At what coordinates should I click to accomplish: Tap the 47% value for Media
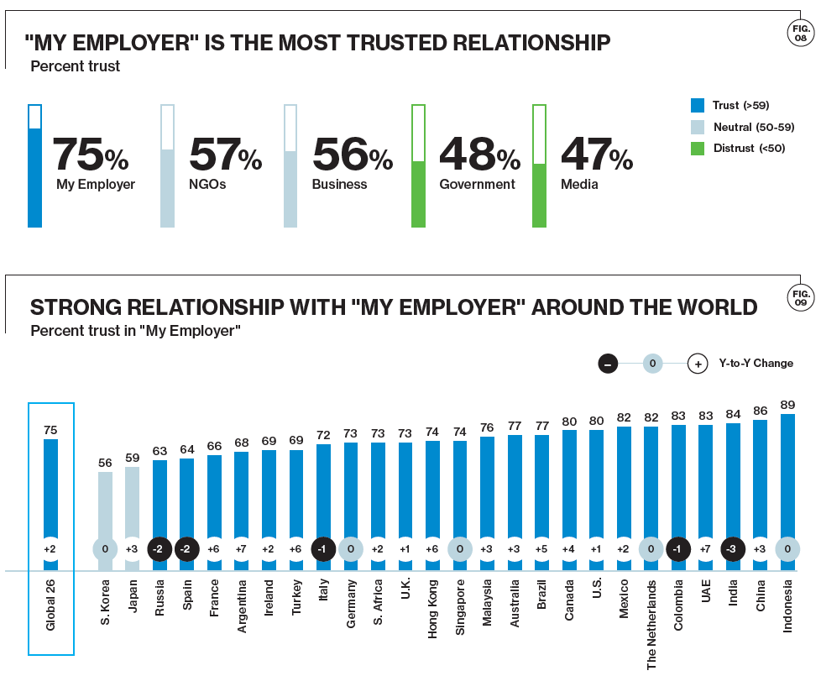(596, 154)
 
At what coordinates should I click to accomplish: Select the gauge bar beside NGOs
(167, 166)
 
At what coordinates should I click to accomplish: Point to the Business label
(339, 185)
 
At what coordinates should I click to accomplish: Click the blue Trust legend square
(697, 105)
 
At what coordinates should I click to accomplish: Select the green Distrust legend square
(697, 149)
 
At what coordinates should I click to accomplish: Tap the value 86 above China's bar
(760, 411)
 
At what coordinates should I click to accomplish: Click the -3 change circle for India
(733, 549)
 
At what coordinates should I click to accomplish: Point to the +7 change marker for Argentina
(242, 549)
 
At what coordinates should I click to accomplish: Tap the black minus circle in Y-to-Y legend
(609, 364)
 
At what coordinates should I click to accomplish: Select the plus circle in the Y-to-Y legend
(697, 364)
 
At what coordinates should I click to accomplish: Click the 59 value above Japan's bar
(133, 458)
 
